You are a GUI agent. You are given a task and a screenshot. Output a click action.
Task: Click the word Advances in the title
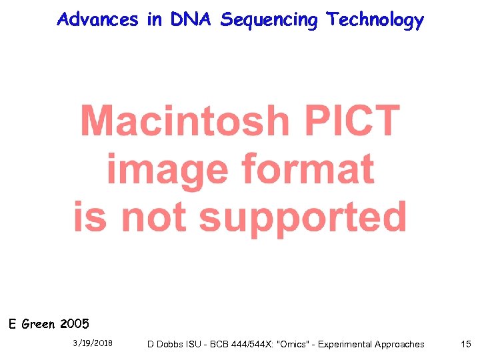[98, 19]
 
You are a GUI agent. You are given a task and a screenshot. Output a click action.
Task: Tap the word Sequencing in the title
[269, 21]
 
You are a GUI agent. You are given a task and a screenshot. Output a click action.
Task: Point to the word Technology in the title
[375, 21]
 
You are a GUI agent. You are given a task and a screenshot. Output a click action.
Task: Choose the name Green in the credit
[39, 325]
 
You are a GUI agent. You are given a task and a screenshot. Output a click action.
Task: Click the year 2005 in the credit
[74, 325]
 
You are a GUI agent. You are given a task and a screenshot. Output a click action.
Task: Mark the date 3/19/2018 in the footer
[93, 343]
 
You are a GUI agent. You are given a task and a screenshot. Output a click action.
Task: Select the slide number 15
[465, 344]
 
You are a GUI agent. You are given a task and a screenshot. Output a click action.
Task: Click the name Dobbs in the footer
[171, 344]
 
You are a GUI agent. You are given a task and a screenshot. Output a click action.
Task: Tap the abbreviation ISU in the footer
[197, 344]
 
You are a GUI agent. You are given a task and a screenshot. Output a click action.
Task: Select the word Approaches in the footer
[400, 345]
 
